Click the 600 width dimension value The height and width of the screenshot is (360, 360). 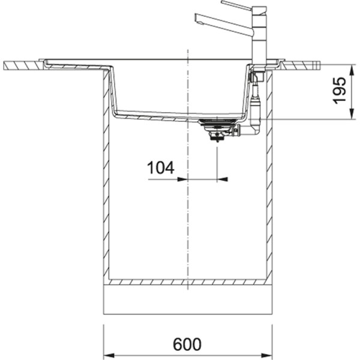coord(188,344)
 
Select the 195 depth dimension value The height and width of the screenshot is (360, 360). coord(341,91)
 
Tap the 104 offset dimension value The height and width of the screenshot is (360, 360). coord(161,168)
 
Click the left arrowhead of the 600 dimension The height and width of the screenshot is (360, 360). coord(108,355)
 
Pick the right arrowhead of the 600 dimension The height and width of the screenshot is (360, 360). coord(268,355)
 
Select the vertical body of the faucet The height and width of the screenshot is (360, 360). coord(260,36)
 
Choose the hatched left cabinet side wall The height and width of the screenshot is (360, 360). coord(108,180)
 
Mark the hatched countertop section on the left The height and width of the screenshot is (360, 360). coord(21,64)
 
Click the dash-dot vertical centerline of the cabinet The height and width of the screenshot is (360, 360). coord(188,228)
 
